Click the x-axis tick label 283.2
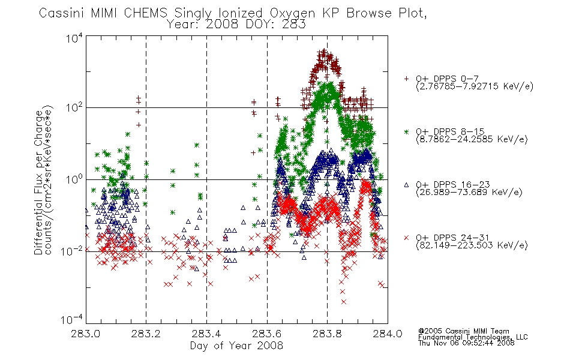click(146, 334)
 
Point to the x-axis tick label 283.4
click(206, 334)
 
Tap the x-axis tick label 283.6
click(267, 334)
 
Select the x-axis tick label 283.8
click(327, 334)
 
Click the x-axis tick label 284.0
click(388, 334)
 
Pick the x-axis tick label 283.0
click(85, 334)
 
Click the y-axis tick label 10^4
click(74, 38)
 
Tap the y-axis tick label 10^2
click(74, 107)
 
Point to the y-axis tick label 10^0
click(74, 179)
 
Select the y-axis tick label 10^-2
click(73, 251)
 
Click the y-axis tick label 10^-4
click(73, 319)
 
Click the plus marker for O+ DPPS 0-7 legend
click(406, 79)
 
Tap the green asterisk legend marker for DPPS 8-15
click(406, 131)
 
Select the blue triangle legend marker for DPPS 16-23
click(406, 185)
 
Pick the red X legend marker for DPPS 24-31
click(406, 238)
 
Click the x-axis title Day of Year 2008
click(236, 346)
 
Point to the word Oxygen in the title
click(292, 14)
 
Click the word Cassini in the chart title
click(62, 13)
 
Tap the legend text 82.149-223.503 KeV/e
click(472, 245)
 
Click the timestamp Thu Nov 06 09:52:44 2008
click(466, 343)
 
